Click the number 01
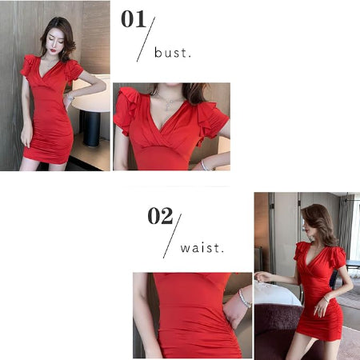[x=134, y=19]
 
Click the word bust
[x=173, y=53]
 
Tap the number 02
[x=160, y=216]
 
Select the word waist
[x=202, y=248]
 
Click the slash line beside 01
[x=146, y=39]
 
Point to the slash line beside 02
[x=172, y=236]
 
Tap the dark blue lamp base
[x=91, y=129]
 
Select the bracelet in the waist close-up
[x=244, y=299]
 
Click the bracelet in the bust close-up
[x=205, y=166]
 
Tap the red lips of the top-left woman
[x=54, y=50]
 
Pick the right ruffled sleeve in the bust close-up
[x=212, y=122]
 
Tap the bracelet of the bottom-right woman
[x=326, y=299]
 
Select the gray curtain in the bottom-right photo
[x=346, y=230]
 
